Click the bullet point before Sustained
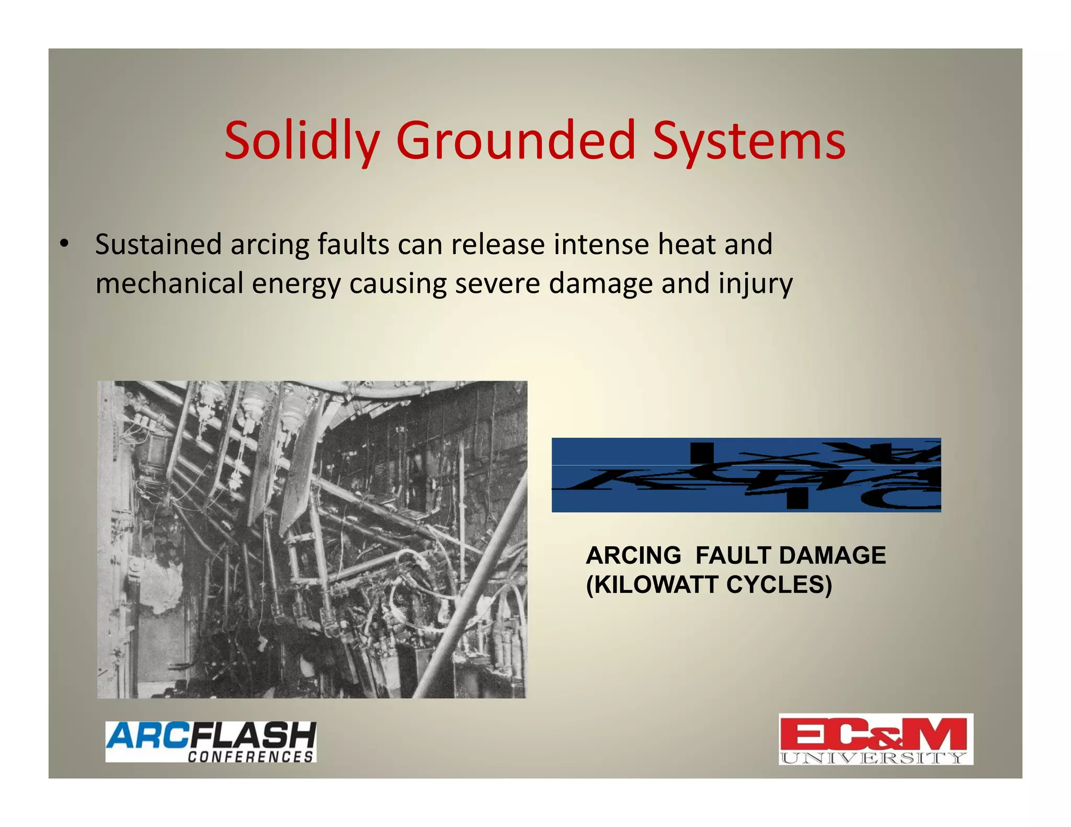64,244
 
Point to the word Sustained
158,244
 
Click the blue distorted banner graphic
746,475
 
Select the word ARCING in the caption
633,555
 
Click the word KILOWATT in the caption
655,584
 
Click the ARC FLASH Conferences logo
211,741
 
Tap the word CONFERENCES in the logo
250,756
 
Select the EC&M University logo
875,739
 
